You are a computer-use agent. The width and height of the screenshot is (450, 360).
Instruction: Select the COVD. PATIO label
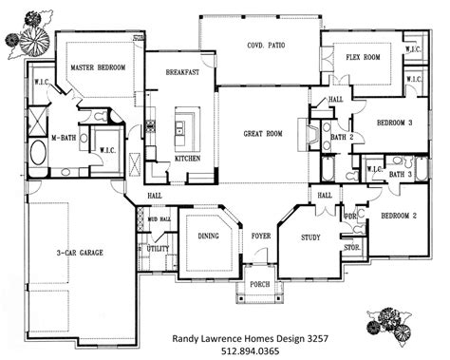[267, 45]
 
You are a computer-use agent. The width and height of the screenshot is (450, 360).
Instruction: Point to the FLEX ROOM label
[362, 57]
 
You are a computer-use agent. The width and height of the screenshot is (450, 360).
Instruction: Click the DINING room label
[208, 237]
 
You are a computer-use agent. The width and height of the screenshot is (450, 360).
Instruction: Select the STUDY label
[310, 237]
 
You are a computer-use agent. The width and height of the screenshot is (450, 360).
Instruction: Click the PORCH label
[259, 283]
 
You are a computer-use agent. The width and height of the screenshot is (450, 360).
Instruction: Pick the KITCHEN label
[187, 159]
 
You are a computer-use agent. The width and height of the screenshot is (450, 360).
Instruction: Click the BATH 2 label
[343, 138]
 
